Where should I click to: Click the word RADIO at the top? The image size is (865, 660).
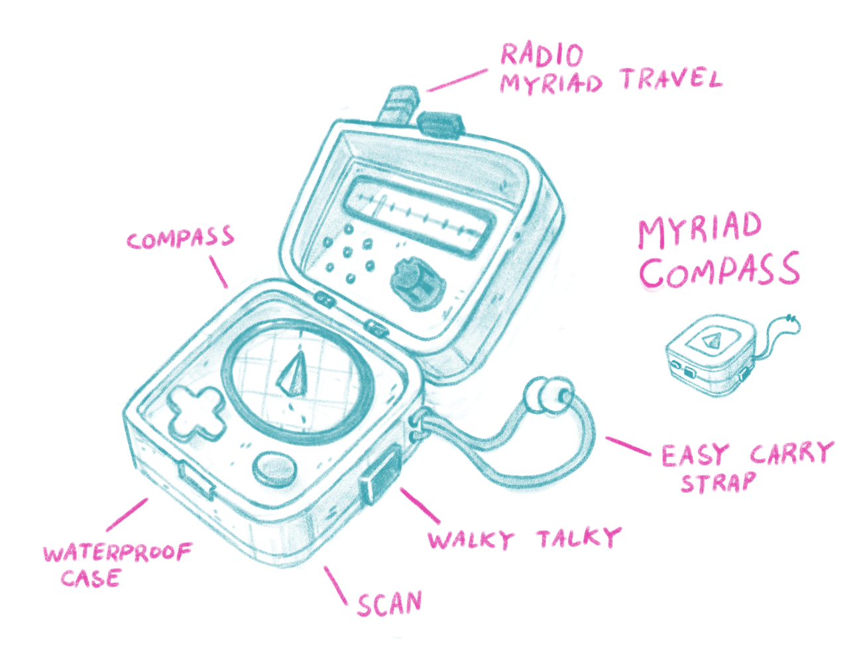[542, 55]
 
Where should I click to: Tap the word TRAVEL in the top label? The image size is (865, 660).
[671, 80]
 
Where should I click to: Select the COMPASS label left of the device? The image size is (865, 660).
[180, 239]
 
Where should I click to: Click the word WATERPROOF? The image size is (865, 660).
[117, 552]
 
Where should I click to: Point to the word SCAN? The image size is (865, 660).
[389, 604]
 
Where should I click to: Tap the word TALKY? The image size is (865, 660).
[579, 537]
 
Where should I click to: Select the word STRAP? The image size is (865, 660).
[718, 482]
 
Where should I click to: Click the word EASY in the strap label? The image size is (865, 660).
[695, 455]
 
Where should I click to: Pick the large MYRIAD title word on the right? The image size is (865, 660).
[699, 230]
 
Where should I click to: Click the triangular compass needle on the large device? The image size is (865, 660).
[292, 375]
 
